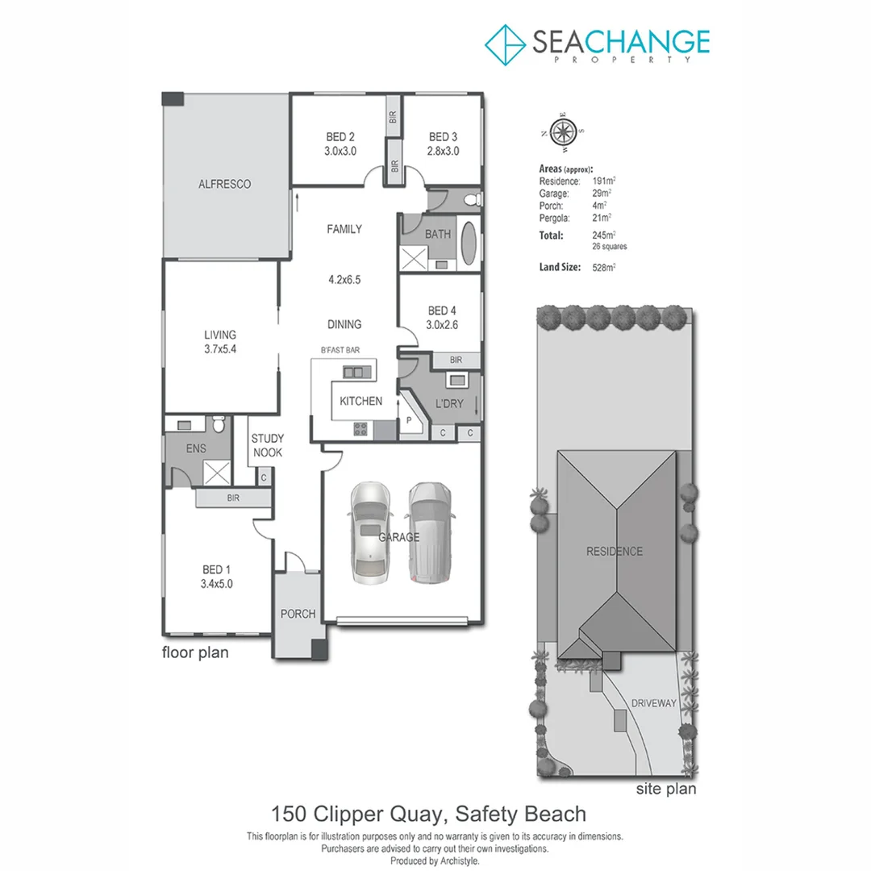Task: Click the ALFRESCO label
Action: (x=225, y=184)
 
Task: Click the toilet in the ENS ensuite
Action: (x=216, y=426)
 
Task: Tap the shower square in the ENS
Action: (x=216, y=472)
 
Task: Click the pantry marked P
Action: (x=409, y=420)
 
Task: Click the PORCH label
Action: (x=298, y=614)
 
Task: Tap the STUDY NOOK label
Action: (x=267, y=445)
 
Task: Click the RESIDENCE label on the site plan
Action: (x=615, y=552)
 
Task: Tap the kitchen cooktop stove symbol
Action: (x=360, y=428)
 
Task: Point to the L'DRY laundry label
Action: (x=449, y=403)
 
